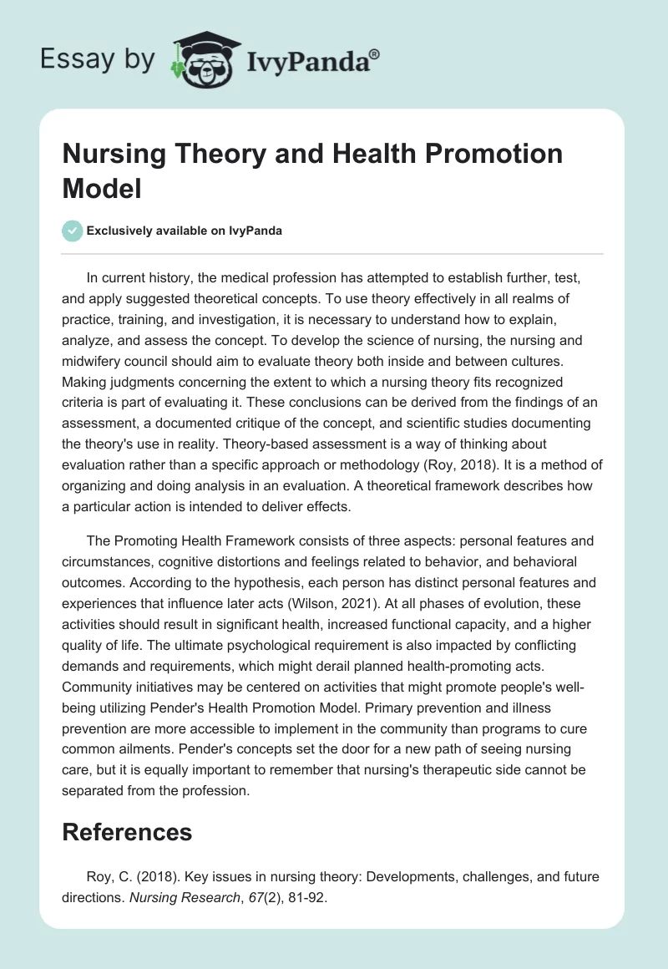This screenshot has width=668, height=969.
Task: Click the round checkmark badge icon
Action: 73,231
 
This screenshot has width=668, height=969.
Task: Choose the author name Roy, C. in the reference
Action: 106,875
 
